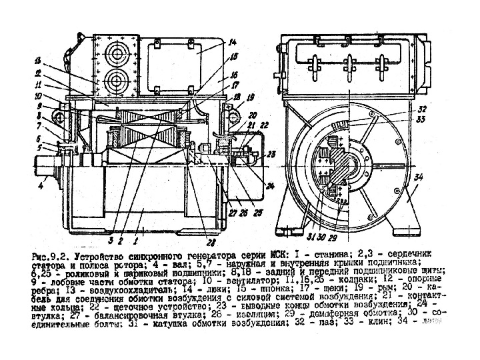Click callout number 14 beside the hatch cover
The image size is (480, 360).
[x=233, y=43]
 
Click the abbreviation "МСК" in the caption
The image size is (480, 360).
[x=283, y=255]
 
